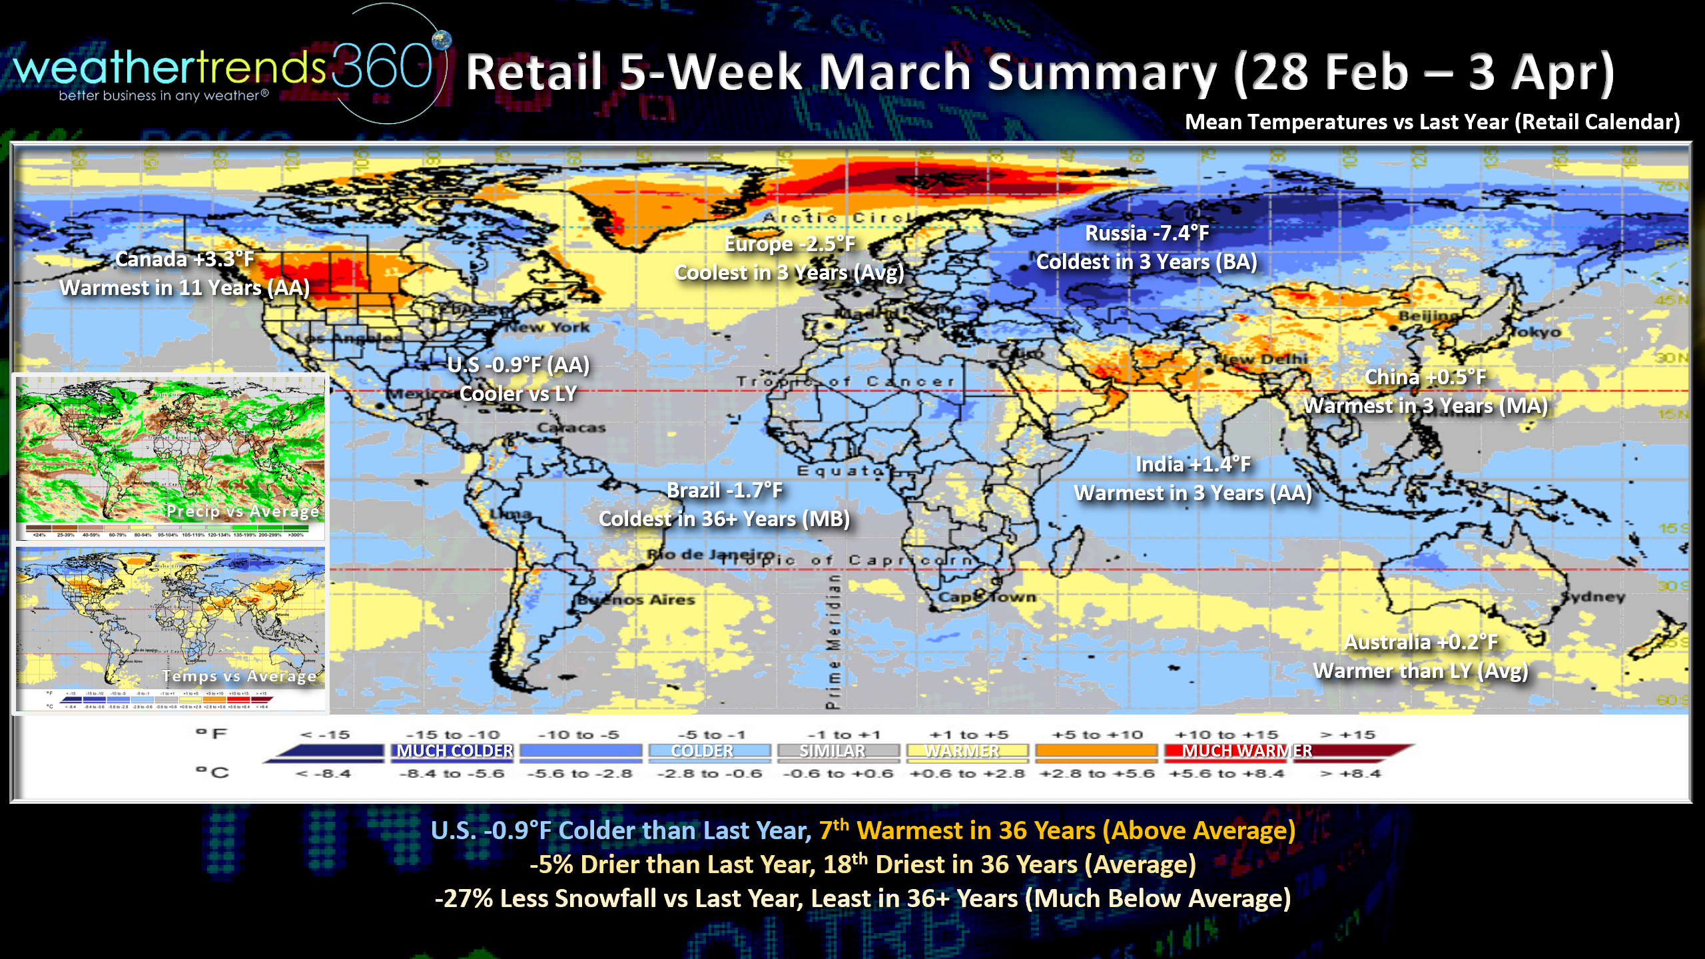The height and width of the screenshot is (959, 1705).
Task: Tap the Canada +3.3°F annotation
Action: [184, 259]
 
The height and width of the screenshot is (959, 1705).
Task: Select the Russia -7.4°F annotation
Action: [1146, 233]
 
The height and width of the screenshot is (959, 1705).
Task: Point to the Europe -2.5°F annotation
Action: [789, 244]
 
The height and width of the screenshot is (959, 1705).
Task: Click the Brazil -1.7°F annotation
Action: [724, 491]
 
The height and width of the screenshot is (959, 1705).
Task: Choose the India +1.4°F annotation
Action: [1193, 464]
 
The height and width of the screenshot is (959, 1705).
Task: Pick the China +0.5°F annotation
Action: [1425, 377]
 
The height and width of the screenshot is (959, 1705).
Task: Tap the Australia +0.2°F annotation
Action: [1420, 642]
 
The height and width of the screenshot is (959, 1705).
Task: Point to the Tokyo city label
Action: [1535, 332]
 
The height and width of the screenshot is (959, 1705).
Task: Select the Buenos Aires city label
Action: [635, 600]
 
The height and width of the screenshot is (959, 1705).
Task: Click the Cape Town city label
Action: [987, 597]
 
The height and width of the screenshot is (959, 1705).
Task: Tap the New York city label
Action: [548, 328]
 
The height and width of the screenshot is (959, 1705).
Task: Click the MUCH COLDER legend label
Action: [455, 751]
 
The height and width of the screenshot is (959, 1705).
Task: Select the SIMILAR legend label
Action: [832, 751]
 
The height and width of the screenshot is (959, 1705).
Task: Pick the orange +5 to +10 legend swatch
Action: [1097, 751]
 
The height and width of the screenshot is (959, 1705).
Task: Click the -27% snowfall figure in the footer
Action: [464, 899]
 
